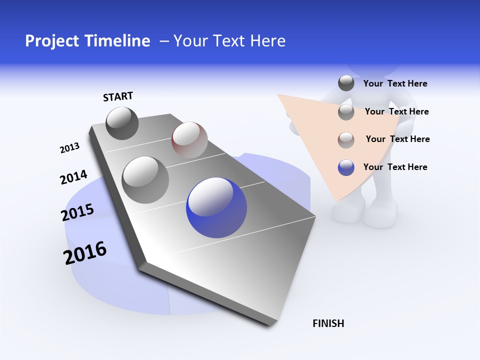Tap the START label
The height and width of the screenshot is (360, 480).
[118, 96]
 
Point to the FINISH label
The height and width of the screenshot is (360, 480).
[328, 323]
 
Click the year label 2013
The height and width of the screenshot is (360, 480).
[69, 148]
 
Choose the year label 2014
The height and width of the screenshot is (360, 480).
[73, 177]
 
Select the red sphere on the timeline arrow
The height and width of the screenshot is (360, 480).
[189, 139]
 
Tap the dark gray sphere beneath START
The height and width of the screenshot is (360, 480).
[122, 123]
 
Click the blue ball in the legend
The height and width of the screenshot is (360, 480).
[346, 167]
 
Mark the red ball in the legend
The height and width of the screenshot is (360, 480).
[346, 140]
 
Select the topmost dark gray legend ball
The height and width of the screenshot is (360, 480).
[346, 83]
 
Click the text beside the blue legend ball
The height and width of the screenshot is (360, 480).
[395, 167]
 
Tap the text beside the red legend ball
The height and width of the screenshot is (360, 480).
[397, 139]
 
